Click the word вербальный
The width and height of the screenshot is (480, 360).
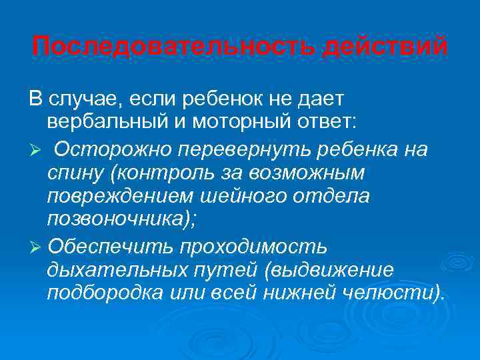click(112, 123)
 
